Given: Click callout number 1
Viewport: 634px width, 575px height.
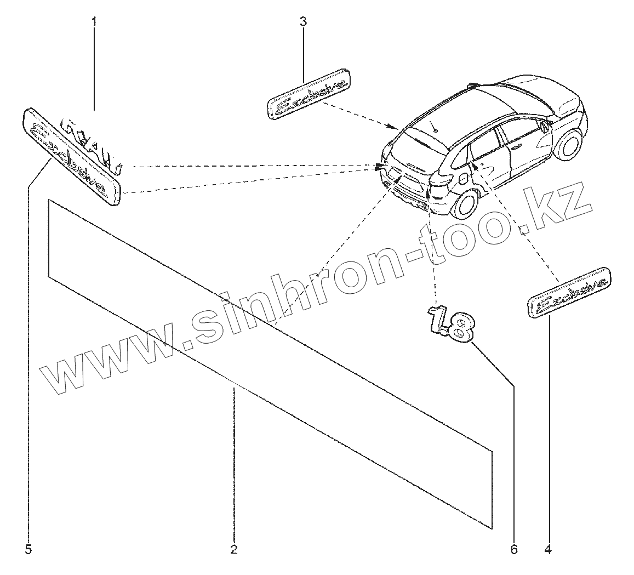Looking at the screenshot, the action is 94,22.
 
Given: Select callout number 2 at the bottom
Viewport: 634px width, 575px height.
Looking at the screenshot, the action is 233,549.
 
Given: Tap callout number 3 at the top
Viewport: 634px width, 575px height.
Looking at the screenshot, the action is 303,22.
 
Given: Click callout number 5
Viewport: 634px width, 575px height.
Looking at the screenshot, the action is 28,549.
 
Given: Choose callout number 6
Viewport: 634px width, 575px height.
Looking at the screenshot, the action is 513,549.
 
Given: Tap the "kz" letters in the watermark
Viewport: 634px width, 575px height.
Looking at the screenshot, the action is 559,206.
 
